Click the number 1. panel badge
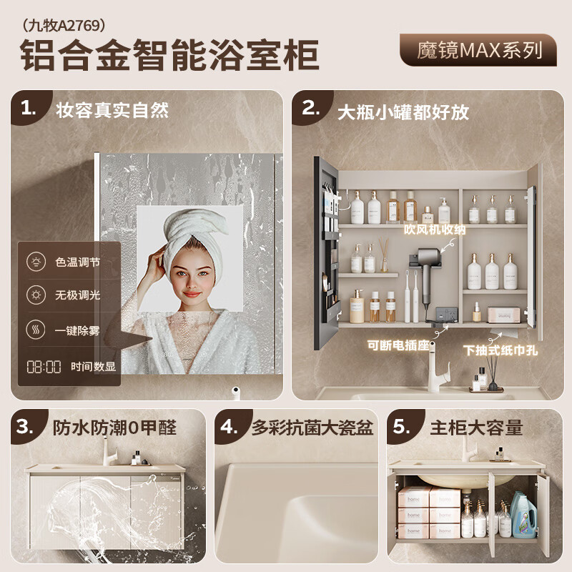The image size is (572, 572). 28,109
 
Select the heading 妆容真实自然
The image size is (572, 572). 112,110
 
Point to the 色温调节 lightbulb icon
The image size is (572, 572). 35,262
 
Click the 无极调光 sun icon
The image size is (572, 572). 35,295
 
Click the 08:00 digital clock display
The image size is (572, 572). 44,367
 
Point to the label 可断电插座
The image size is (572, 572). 398,345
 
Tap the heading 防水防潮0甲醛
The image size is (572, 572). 114,428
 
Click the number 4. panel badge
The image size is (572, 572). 229,428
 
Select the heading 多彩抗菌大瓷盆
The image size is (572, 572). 312,428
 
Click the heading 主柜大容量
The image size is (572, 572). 476,428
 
